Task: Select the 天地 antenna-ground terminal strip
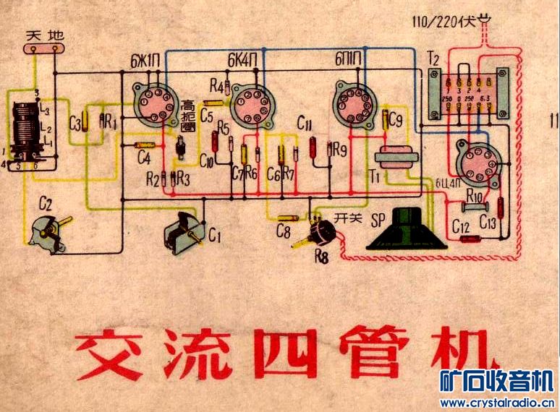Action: (x=41, y=48)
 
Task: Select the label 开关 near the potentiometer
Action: (x=348, y=219)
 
